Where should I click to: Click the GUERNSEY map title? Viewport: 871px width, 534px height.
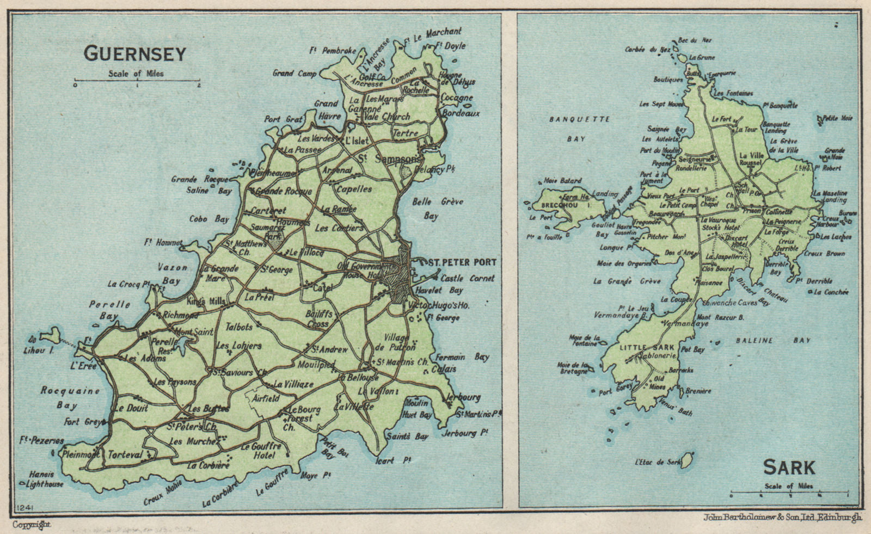(134, 53)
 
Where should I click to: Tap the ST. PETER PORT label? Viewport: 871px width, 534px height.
(462, 262)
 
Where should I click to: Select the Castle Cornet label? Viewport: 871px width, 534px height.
(467, 278)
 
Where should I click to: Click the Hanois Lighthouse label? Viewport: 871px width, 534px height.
(45, 479)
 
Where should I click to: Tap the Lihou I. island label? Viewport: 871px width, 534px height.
(39, 351)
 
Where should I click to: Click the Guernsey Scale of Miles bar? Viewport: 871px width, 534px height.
(137, 82)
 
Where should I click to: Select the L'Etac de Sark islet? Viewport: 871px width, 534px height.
(688, 459)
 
